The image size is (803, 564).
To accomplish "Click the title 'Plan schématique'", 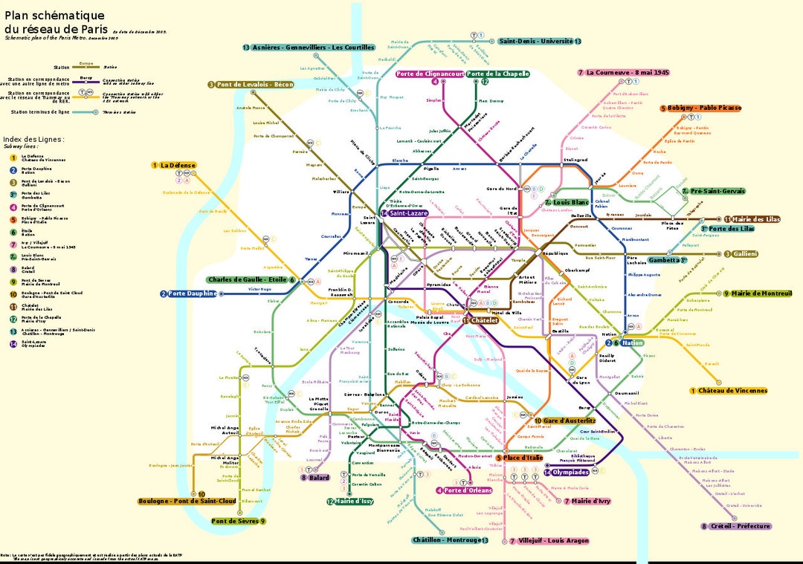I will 54,16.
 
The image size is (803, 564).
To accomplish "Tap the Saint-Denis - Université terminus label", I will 539,42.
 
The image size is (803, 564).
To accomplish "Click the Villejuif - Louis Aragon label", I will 555,541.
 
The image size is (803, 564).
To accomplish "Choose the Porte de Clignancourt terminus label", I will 430,74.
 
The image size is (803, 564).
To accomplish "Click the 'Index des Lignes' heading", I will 33,139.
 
